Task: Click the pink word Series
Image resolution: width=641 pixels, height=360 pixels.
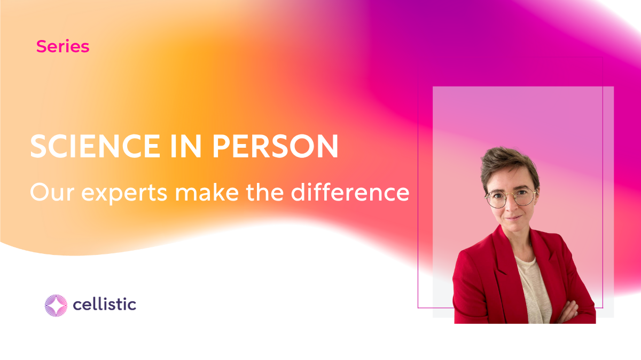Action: click(x=62, y=47)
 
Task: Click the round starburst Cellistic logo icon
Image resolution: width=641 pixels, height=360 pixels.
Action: click(x=56, y=306)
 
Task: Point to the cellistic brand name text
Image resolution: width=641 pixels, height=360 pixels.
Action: click(x=104, y=305)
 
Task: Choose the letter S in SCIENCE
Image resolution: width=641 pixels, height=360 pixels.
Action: click(x=38, y=147)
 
